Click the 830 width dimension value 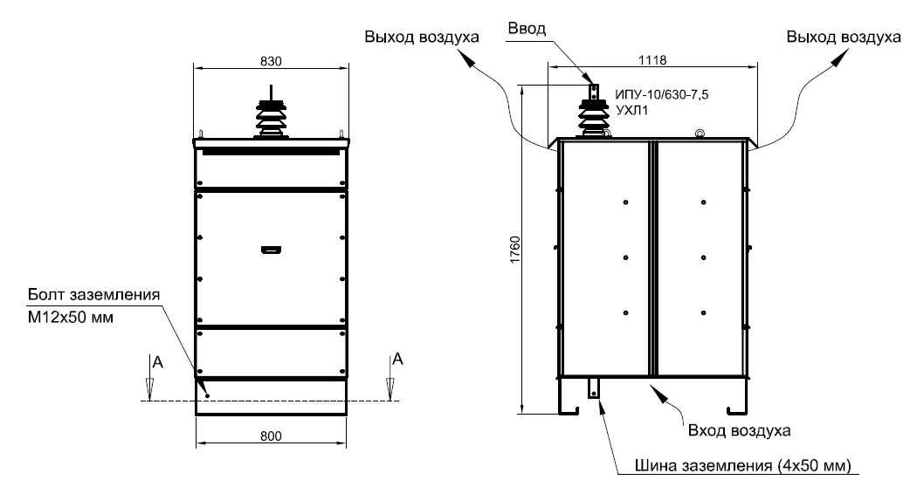pyautogui.click(x=271, y=60)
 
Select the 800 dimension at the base pyautogui.click(x=272, y=436)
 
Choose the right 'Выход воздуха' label pyautogui.click(x=843, y=38)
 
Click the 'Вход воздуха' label pyautogui.click(x=739, y=430)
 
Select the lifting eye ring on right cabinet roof pyautogui.click(x=699, y=134)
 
